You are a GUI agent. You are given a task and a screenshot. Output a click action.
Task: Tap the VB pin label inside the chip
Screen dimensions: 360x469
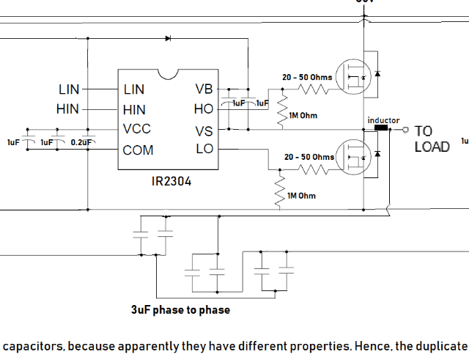(204, 89)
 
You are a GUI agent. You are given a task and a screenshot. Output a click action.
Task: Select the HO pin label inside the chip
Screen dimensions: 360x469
(204, 109)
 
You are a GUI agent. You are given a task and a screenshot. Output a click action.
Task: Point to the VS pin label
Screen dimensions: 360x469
(204, 130)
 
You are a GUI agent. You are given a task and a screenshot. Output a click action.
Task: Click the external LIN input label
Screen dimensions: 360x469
(69, 89)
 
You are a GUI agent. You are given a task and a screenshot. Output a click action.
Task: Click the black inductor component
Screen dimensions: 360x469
(381, 129)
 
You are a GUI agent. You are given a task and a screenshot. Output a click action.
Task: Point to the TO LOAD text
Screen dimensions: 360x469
(432, 139)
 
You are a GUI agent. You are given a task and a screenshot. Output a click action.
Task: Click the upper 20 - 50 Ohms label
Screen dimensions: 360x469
(307, 77)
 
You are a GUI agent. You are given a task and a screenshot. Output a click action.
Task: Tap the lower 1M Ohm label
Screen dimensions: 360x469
(301, 196)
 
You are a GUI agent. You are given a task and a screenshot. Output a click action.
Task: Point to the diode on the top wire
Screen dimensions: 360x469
(168, 37)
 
